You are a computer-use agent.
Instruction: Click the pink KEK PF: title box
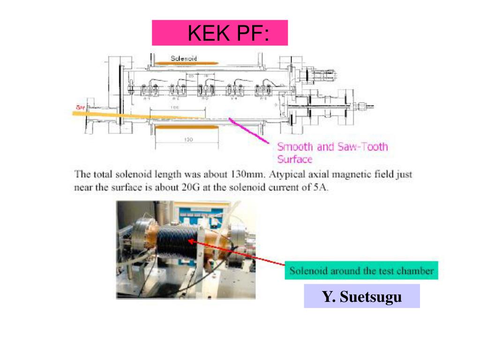coord(219,33)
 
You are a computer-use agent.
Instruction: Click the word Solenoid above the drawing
coord(184,59)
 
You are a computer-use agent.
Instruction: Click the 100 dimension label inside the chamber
coord(175,108)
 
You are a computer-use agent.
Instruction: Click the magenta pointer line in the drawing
coord(248,130)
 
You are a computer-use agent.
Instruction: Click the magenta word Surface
coord(294,159)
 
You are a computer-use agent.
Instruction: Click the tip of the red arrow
coord(189,240)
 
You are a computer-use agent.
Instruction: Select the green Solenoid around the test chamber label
coord(361,270)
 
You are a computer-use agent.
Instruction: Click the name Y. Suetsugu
coord(361,296)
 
